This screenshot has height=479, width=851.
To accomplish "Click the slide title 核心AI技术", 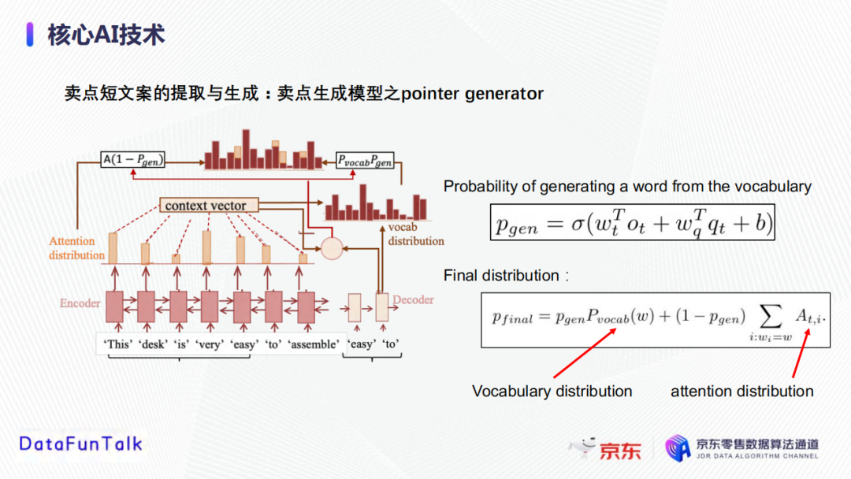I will pyautogui.click(x=106, y=35).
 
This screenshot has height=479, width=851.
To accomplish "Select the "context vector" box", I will pyautogui.click(x=206, y=206).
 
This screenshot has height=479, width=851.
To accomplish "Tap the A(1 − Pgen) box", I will pyautogui.click(x=133, y=160).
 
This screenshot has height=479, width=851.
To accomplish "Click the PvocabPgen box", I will pyautogui.click(x=365, y=160).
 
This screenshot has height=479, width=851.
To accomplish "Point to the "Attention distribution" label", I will pyautogui.click(x=76, y=248).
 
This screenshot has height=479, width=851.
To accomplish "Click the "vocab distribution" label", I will pyautogui.click(x=415, y=234).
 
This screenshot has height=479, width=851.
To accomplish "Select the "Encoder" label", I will pyautogui.click(x=80, y=303).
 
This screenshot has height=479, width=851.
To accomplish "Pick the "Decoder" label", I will pyautogui.click(x=413, y=300).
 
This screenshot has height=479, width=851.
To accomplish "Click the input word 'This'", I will pyautogui.click(x=118, y=344).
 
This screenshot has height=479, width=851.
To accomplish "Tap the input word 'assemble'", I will pyautogui.click(x=315, y=344).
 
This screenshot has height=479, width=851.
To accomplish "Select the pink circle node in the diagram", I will pyautogui.click(x=332, y=248).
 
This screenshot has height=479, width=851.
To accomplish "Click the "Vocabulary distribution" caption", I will pyautogui.click(x=552, y=392).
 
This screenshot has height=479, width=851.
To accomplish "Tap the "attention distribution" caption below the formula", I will pyautogui.click(x=741, y=392).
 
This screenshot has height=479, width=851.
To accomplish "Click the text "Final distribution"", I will pyautogui.click(x=501, y=276).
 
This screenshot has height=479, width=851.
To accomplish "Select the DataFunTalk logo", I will pyautogui.click(x=80, y=444).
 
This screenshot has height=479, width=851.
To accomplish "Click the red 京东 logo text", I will pyautogui.click(x=621, y=450).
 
